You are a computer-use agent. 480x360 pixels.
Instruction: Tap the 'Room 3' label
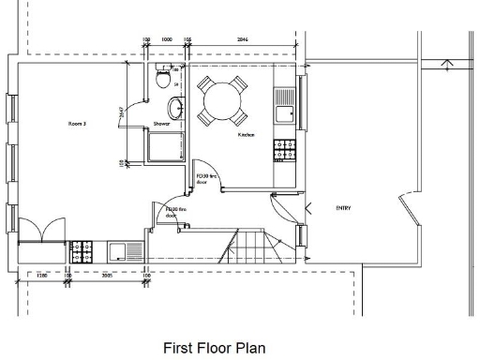pos(78,123)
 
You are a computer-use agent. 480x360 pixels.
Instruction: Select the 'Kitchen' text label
pos(246,136)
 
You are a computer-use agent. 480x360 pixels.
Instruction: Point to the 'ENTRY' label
pos(343,207)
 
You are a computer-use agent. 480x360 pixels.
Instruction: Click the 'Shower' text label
pos(161,123)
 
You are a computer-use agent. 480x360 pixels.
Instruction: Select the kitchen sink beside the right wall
pos(283,109)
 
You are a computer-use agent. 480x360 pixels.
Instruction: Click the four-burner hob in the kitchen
pos(283,148)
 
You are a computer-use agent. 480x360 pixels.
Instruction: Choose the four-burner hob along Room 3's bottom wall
pos(82,251)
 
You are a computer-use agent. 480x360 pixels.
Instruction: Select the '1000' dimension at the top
pos(166,41)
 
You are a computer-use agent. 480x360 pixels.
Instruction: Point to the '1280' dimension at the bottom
pos(41,277)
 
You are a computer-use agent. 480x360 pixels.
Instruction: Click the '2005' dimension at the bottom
pos(108,277)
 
